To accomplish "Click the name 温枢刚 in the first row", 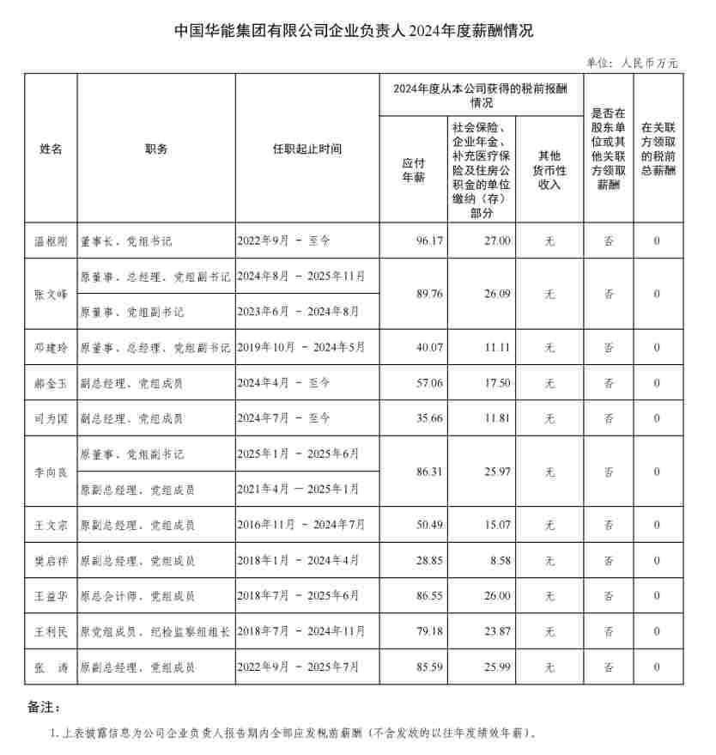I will [x=51, y=241].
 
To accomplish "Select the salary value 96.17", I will [x=429, y=241].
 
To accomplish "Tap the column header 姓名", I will [x=51, y=149].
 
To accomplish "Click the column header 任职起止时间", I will [x=306, y=149].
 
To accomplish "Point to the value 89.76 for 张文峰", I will [x=429, y=294].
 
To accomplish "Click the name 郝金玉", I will [x=51, y=383].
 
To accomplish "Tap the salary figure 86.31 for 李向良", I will [x=429, y=472].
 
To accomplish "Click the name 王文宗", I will [x=51, y=525].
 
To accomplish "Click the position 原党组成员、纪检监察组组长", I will [x=155, y=631].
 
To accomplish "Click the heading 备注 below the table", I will [x=44, y=708].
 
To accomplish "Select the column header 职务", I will [x=156, y=149].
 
